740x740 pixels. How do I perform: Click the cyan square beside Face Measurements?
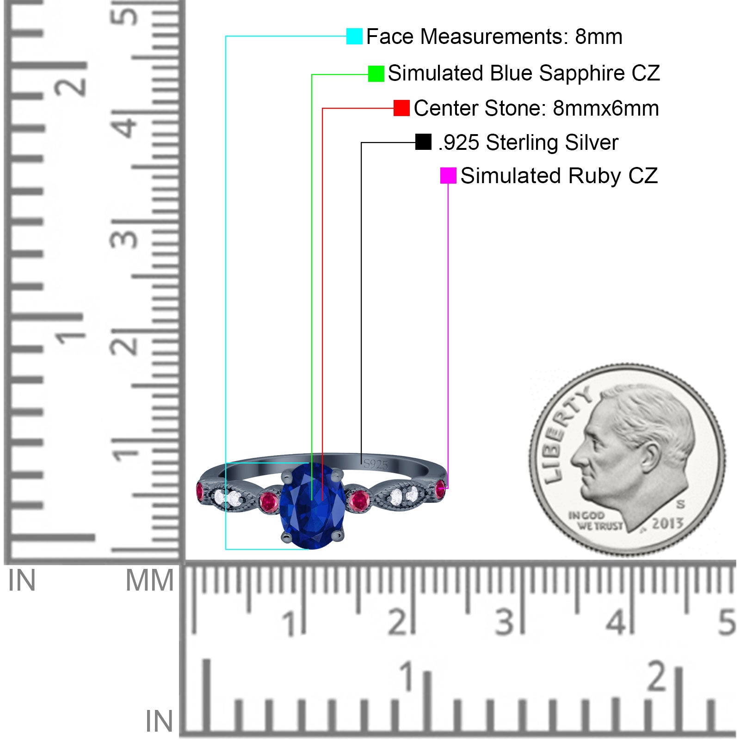click(354, 36)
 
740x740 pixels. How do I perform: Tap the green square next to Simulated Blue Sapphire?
click(376, 74)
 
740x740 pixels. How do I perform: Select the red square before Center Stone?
click(401, 108)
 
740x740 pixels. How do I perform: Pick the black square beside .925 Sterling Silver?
click(423, 142)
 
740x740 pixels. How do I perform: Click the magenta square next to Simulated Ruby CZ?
click(448, 176)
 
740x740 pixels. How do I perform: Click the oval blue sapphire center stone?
click(313, 506)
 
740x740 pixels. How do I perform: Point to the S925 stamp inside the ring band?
click(376, 464)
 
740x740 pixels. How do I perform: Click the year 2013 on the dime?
click(667, 524)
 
